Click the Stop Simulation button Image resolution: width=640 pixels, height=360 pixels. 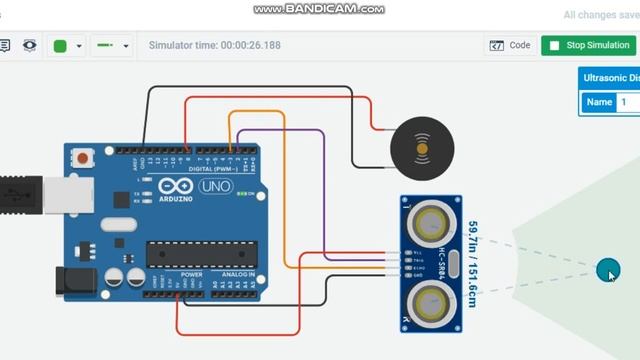(x=587, y=45)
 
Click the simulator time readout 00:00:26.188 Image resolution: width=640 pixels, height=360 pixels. (x=214, y=45)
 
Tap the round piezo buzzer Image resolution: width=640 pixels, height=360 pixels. (x=422, y=149)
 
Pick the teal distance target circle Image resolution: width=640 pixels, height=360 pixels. (x=607, y=270)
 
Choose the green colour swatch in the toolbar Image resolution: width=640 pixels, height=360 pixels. (x=60, y=46)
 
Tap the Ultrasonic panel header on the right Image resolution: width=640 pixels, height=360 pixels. (x=610, y=78)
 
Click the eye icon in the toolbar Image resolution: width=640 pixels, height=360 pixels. (x=30, y=46)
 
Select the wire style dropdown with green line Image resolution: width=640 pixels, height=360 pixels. (x=111, y=46)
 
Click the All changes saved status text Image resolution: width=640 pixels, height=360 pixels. (x=600, y=15)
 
